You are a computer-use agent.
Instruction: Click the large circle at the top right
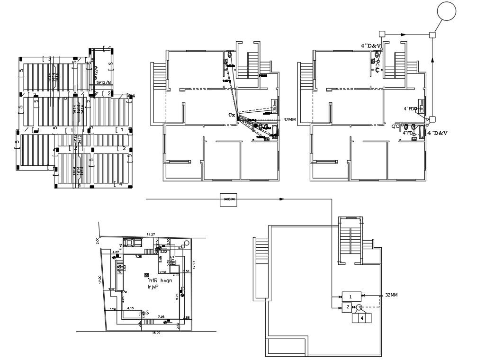pos(447,12)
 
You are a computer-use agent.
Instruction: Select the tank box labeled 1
pos(350,297)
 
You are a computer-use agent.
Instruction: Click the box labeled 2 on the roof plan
pos(347,308)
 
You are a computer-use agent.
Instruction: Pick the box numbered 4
pos(362,318)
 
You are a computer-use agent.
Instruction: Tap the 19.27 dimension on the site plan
pos(151,234)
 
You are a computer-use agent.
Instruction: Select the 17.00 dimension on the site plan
pos(99,279)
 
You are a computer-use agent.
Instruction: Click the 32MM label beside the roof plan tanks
pos(391,295)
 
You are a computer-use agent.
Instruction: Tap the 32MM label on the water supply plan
pos(289,120)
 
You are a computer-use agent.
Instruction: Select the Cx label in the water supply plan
pos(232,115)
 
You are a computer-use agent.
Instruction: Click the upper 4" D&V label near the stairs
pos(371,45)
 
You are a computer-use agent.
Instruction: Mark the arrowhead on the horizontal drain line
pos(403,35)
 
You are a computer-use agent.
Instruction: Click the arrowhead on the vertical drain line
pos(432,60)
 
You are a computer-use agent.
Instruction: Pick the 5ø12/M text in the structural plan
pos(104,82)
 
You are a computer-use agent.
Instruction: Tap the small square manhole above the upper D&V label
pos(382,34)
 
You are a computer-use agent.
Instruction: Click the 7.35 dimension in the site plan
pos(139,256)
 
